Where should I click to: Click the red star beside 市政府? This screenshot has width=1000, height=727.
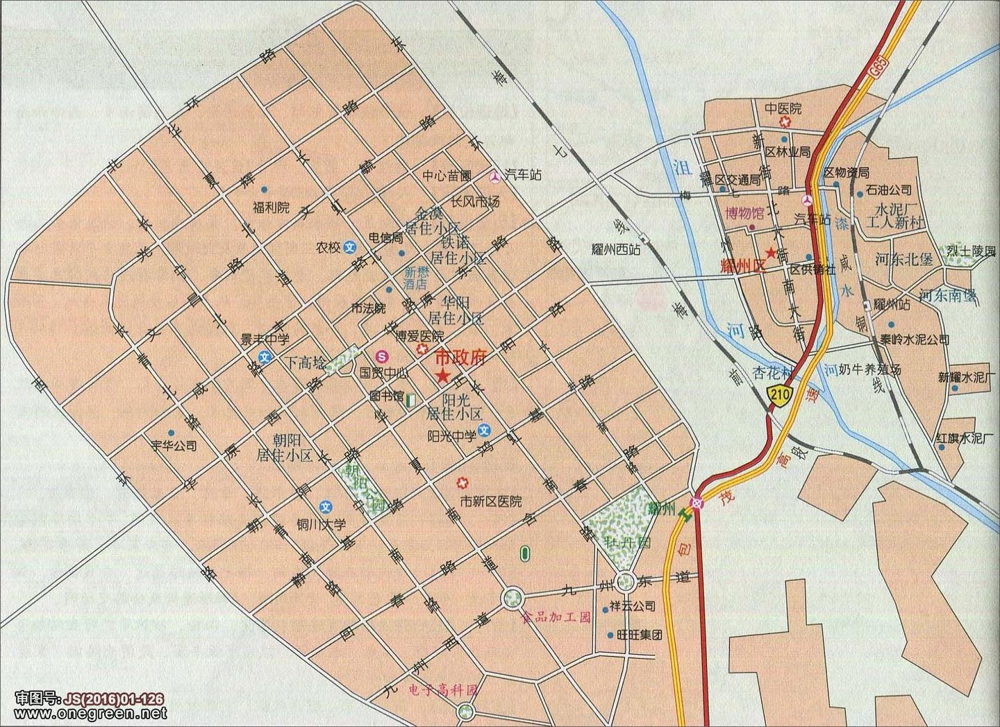pyautogui.click(x=442, y=377)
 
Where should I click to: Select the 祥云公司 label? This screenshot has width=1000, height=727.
pyautogui.click(x=633, y=606)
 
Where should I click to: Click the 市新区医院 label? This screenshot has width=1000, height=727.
pyautogui.click(x=491, y=501)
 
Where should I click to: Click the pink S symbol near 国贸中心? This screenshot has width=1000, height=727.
pyautogui.click(x=380, y=356)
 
